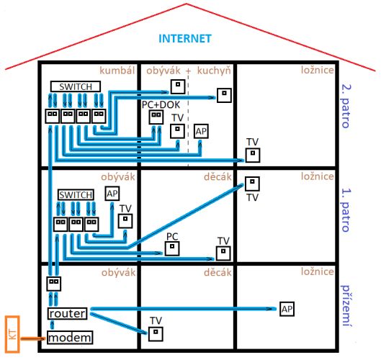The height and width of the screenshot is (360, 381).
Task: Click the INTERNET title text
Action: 185,39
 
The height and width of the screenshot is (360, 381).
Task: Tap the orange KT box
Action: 12,334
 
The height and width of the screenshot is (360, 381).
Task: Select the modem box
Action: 70,338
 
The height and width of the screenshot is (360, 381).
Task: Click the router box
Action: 67,313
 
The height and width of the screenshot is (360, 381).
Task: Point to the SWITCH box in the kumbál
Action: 76,86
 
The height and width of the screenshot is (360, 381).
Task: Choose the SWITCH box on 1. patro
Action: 76,195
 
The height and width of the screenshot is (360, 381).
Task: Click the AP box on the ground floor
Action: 287,309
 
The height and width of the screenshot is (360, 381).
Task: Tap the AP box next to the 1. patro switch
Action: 112,194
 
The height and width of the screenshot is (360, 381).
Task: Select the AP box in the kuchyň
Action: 201,132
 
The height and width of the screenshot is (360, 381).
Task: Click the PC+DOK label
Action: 161,104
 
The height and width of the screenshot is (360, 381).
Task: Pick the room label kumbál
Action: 117,71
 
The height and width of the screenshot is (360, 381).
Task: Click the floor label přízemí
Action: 346,305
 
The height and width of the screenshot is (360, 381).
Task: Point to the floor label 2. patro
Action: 346,106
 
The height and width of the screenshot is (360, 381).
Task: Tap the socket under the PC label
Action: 172,248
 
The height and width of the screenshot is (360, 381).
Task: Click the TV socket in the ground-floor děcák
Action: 156,334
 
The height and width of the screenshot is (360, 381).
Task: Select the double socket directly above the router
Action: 54,284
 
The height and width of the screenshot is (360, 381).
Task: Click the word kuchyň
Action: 214,71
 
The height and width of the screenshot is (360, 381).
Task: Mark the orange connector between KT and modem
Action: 32,338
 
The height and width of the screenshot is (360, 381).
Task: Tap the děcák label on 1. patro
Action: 218,177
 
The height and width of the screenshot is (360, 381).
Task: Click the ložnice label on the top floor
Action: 318,70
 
